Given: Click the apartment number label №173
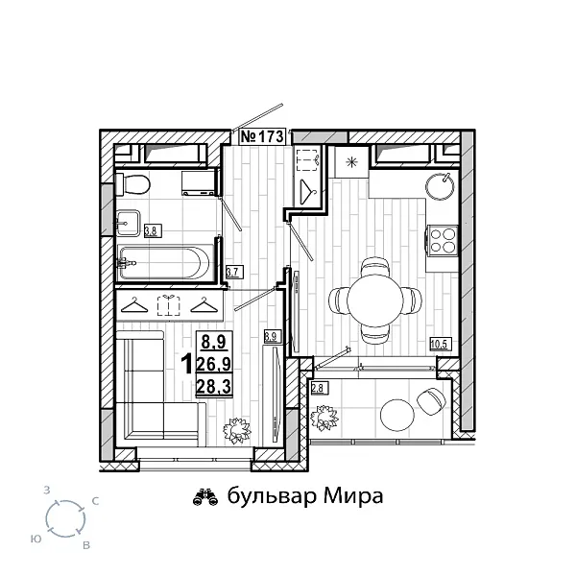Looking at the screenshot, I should [261, 137].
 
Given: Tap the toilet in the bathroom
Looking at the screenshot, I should [135, 184].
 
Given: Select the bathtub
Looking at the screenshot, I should [166, 260].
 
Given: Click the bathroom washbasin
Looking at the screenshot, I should [129, 222].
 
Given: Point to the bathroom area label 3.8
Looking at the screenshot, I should [151, 230].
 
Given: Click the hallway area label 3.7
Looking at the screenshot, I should [231, 272].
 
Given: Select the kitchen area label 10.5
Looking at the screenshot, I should [440, 344].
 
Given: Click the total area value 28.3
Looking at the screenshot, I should [211, 386].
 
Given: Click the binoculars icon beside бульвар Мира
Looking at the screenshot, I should [204, 496].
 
